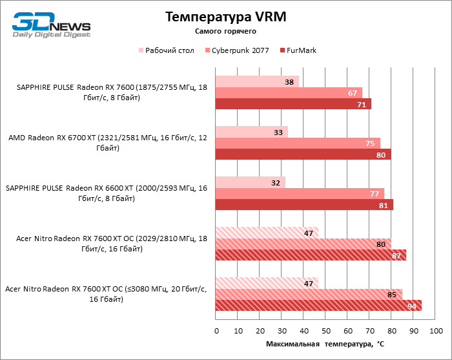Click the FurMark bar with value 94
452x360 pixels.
318,305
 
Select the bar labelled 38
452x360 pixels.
257,81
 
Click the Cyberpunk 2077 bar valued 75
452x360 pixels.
298,143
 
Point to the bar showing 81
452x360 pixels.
304,204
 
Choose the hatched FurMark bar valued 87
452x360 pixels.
311,255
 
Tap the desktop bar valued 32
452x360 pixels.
251,182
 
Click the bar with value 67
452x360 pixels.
289,92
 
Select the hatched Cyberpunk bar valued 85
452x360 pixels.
309,294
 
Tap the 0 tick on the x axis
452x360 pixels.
216,331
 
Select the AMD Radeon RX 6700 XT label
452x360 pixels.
108,143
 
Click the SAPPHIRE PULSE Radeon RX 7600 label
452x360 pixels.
108,92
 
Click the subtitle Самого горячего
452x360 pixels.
225,31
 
